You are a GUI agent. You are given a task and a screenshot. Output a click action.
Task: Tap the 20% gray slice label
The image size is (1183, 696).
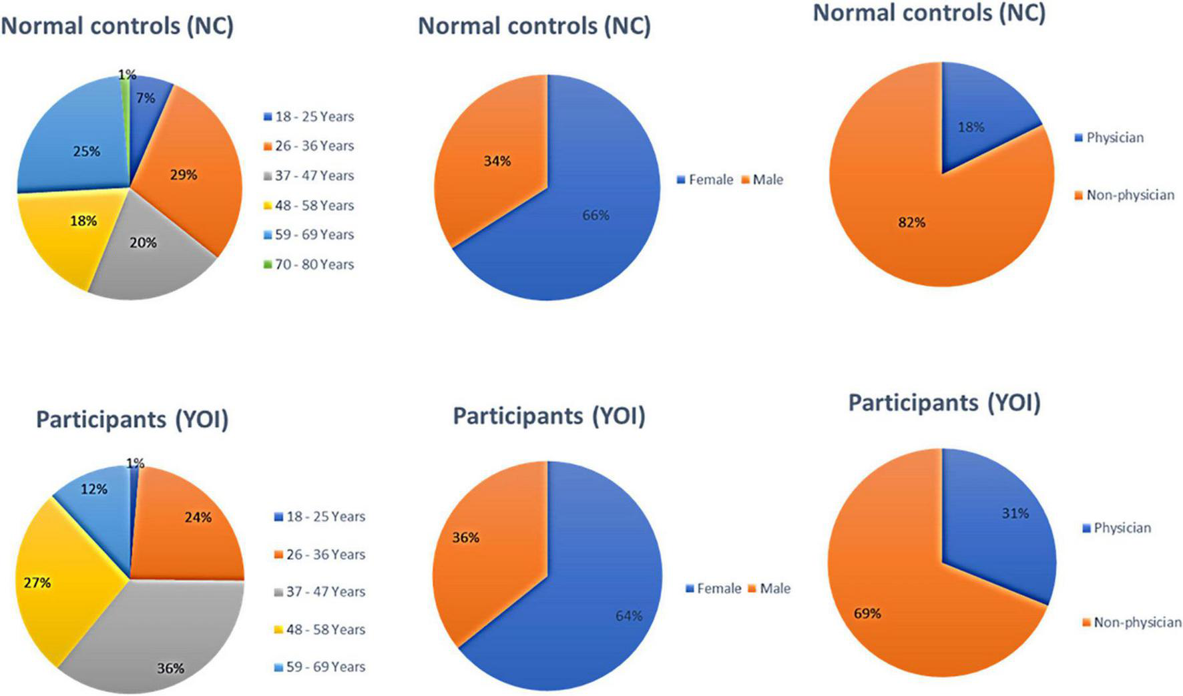[143, 243]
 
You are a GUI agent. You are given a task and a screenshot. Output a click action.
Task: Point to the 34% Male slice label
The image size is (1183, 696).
[497, 161]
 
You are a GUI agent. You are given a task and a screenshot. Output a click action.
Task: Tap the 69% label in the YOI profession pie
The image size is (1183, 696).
[867, 613]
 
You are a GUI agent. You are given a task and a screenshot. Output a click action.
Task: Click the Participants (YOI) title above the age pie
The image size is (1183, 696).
[132, 420]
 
